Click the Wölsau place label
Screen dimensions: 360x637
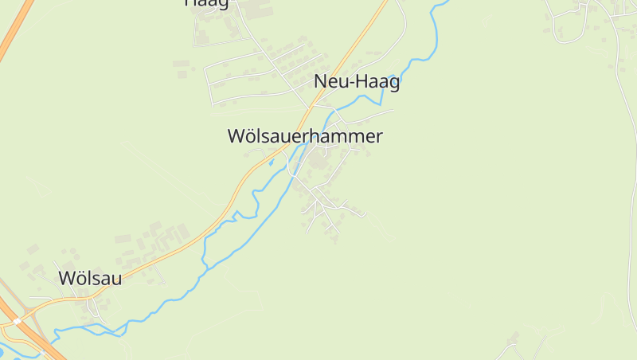(90, 279)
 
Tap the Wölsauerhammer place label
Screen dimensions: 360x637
(305, 136)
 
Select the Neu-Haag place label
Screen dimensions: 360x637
(357, 81)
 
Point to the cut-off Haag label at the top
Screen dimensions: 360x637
(206, 3)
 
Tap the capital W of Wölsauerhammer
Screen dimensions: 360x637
(236, 136)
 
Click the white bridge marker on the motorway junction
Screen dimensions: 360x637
(16, 320)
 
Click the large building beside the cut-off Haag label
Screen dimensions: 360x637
(259, 11)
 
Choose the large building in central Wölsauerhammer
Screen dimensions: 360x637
(318, 162)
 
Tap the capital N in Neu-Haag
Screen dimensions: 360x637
(321, 81)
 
